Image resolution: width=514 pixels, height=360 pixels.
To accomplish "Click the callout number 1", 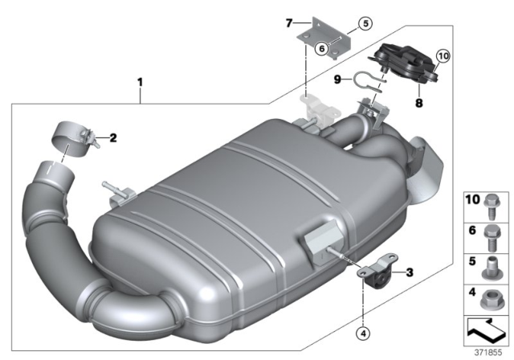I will (140, 82).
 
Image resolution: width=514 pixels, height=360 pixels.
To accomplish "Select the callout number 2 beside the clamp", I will (113, 137).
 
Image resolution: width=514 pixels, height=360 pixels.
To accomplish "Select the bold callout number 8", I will (418, 104).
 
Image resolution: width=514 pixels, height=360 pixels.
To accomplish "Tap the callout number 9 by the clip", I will (338, 79).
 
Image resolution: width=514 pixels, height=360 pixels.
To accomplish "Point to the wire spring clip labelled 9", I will (365, 80).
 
